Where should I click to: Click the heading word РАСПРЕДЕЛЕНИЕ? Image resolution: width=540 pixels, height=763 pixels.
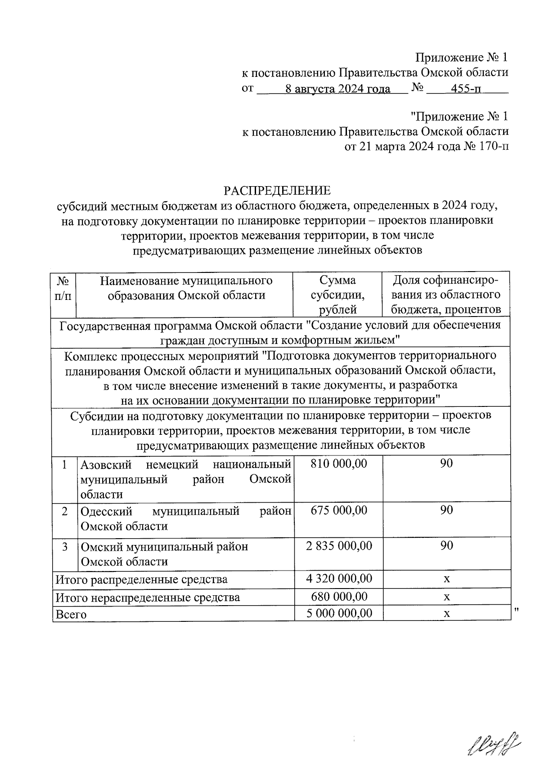[277, 191]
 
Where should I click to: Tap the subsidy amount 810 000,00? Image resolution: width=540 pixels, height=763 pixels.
[339, 464]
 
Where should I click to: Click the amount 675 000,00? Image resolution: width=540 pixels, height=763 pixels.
[339, 510]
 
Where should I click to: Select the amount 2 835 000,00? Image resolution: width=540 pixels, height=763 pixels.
[339, 546]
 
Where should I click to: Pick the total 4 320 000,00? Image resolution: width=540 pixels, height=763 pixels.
[339, 579]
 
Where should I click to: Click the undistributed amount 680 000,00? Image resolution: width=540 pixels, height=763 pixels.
[339, 597]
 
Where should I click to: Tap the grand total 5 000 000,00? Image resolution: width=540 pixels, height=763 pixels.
[339, 613]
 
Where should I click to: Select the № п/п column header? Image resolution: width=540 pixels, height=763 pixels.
[63, 288]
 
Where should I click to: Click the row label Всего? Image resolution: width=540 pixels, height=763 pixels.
[70, 614]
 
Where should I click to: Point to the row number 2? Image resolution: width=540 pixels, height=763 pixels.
[65, 511]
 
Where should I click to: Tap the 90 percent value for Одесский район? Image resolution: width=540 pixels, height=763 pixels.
[446, 510]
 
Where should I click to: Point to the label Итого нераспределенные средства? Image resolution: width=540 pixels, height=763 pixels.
[148, 598]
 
